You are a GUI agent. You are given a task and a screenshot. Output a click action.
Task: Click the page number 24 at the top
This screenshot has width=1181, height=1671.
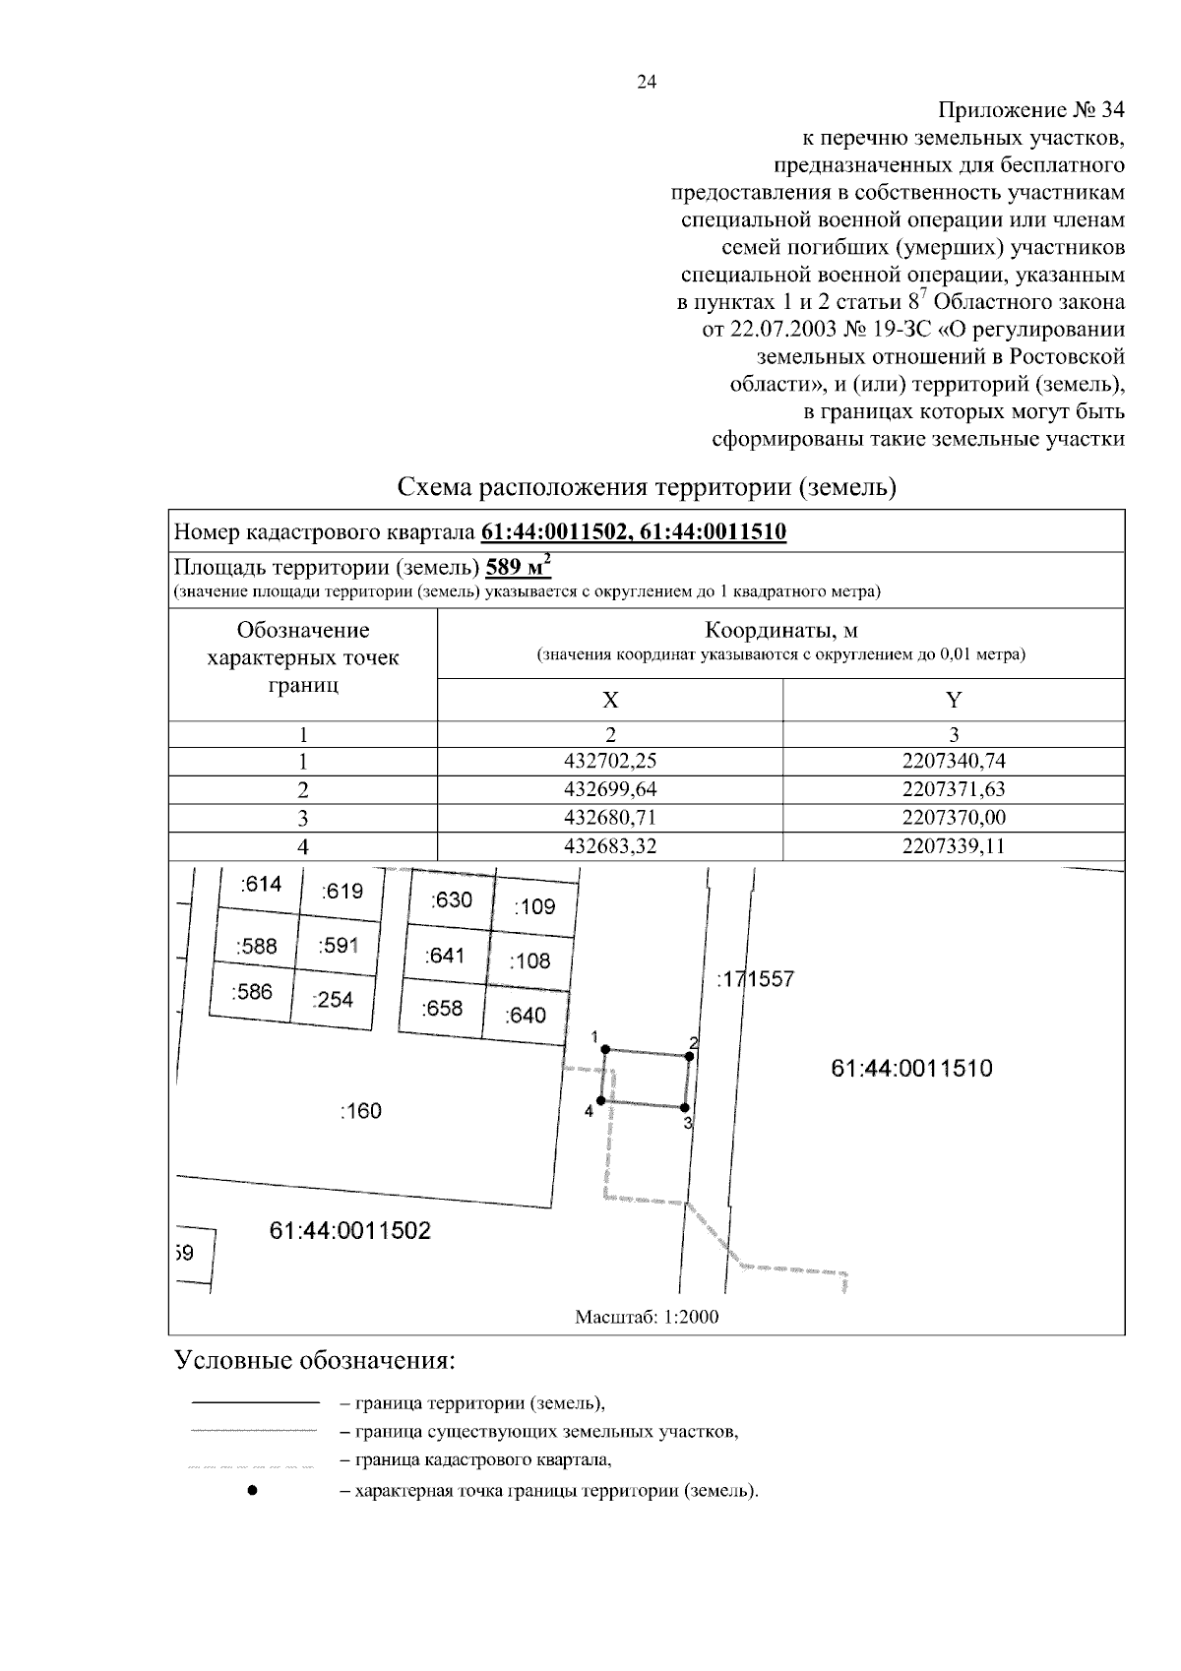point(647,83)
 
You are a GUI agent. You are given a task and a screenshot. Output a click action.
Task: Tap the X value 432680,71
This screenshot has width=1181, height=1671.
point(610,818)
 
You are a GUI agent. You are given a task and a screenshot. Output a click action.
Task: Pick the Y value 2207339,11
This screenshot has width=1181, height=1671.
point(954,846)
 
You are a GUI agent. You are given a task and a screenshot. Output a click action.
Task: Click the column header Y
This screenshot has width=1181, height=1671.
point(954,700)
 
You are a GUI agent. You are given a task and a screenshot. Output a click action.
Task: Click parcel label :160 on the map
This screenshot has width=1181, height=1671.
point(360,1111)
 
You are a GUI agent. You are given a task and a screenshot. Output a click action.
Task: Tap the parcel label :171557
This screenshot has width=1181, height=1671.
point(755,979)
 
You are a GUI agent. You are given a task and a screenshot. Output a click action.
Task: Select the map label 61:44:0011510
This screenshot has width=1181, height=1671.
point(911,1069)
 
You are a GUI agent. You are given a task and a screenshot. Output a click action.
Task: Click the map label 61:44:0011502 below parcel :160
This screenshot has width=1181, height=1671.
point(350,1231)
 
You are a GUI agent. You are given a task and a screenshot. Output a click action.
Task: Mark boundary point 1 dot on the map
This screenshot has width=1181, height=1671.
point(606,1049)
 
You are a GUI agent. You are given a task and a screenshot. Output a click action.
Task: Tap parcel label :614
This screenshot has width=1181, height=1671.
point(261,884)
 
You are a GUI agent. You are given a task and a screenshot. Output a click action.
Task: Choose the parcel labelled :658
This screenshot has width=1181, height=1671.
point(442,1008)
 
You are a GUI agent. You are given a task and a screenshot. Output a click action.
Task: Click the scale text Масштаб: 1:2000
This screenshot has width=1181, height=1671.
point(647,1317)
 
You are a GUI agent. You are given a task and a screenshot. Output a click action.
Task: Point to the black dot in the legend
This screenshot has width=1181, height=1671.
point(253,1491)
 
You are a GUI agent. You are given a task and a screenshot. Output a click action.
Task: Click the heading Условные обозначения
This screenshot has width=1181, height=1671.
point(315,1361)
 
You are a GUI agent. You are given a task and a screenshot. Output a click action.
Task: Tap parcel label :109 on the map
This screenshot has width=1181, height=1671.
point(534,906)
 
